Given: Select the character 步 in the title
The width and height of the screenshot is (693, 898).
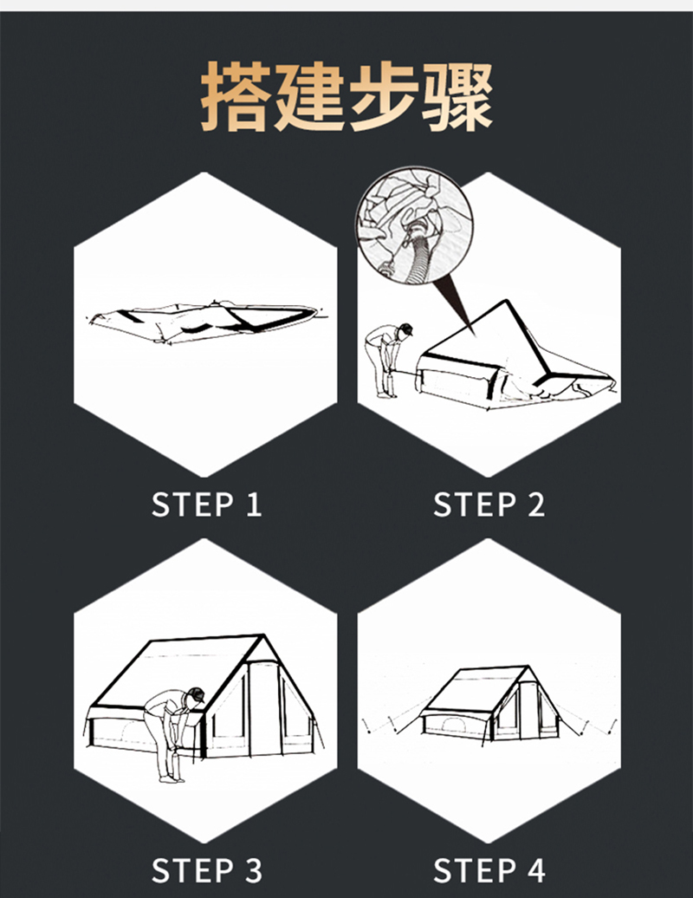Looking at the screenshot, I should coord(385,96).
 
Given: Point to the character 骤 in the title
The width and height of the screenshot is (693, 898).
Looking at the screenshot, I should coord(458,96).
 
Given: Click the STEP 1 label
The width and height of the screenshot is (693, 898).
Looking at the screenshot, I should coord(206,504).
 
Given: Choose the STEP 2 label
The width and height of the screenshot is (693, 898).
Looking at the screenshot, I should coord(489,504).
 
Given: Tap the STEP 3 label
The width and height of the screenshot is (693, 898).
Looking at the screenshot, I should coord(206,869).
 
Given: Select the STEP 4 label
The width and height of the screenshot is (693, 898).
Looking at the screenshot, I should coord(489,869).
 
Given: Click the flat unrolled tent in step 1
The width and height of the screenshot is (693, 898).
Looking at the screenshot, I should coord(204,321).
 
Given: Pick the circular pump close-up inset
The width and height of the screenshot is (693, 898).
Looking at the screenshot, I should coord(414,227).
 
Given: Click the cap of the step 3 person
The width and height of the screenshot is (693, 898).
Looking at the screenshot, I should coord(197,694).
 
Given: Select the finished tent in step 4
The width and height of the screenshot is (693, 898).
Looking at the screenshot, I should coord(490,704).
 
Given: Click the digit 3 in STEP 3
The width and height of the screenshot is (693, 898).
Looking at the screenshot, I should coord(252,869).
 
